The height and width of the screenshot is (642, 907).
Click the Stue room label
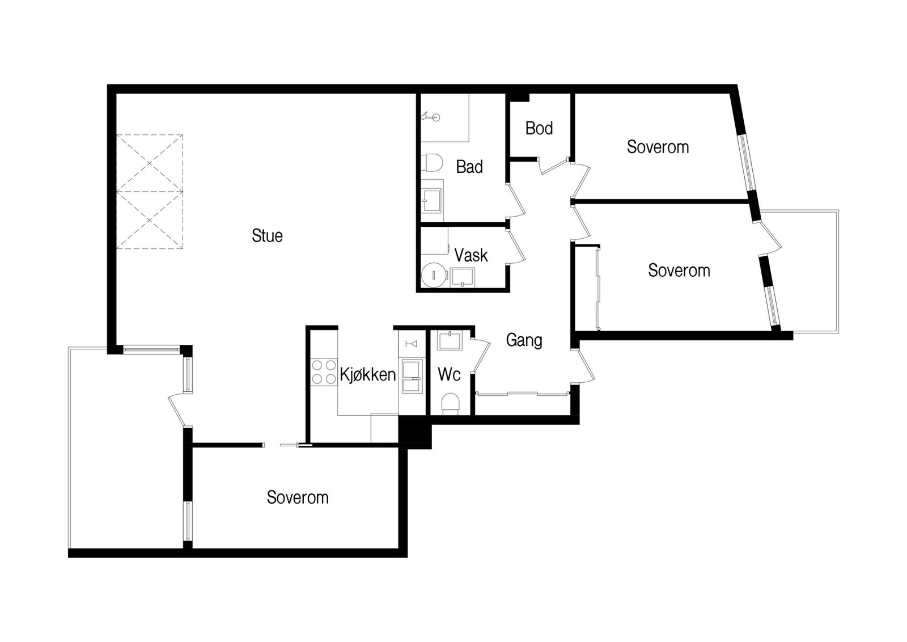coord(267,235)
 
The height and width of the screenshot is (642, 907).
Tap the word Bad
coord(469,167)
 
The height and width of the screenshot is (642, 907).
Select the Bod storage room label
coord(539,128)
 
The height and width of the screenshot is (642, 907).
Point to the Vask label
coord(471,255)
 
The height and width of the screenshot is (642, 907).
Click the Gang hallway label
coord(524,340)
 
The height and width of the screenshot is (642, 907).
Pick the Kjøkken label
coord(368,375)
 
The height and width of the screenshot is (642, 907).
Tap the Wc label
coord(449,375)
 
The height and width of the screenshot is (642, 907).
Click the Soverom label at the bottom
coord(298,497)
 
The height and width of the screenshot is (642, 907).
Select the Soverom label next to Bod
coord(658,147)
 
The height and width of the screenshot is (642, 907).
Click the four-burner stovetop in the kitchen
coord(324,372)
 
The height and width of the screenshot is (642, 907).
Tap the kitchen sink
coord(412,377)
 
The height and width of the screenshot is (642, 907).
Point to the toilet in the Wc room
coord(450,404)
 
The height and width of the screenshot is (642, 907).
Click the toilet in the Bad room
coord(431,164)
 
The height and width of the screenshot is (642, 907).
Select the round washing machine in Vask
coord(434,275)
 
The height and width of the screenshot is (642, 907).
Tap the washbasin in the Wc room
coord(450,341)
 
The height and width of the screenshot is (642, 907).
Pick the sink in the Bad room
coord(431,201)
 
